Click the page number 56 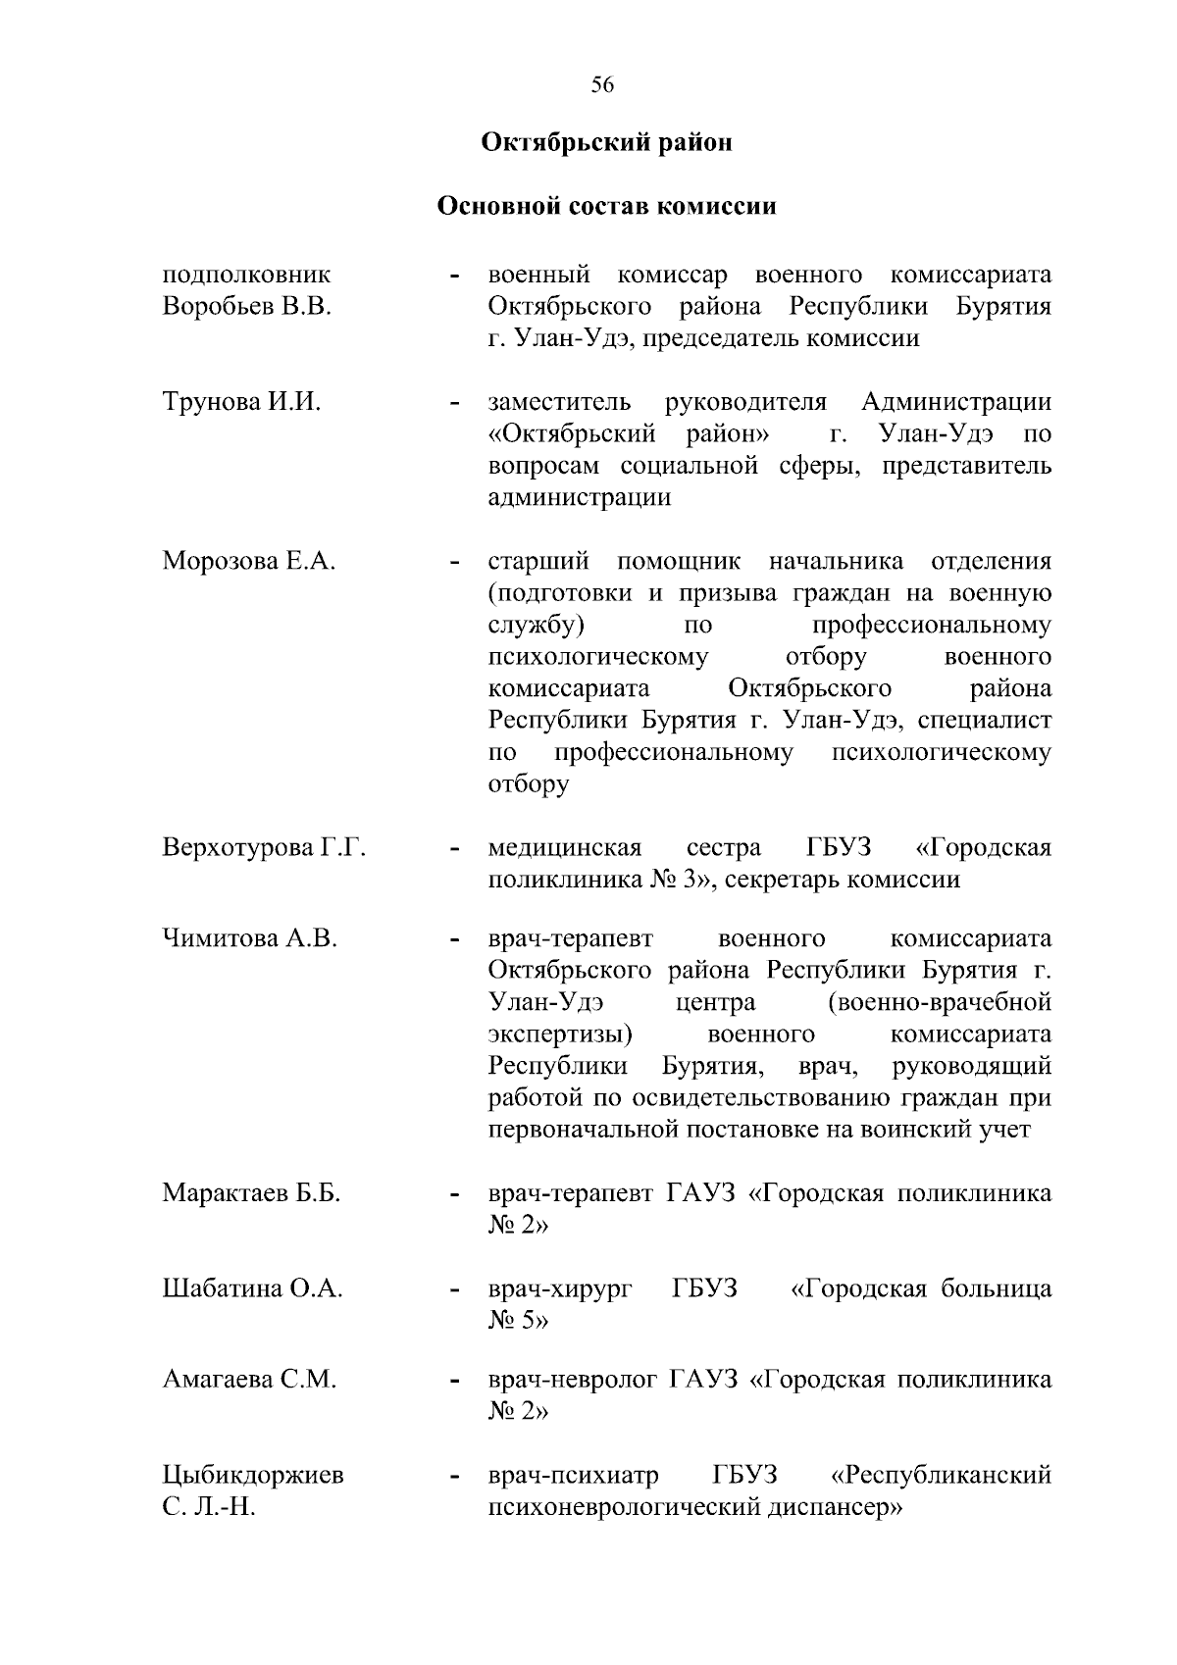click(x=602, y=85)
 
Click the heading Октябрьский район click(x=607, y=143)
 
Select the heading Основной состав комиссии click(x=606, y=207)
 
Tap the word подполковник click(x=246, y=275)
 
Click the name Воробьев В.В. click(x=246, y=307)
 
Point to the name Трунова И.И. click(x=241, y=402)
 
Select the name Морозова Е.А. click(x=249, y=562)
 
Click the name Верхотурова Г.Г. click(x=264, y=847)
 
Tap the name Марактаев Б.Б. click(x=251, y=1193)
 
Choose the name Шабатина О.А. click(x=252, y=1288)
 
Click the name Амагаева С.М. click(x=249, y=1380)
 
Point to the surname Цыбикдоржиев click(x=253, y=1475)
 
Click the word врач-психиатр click(x=573, y=1475)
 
